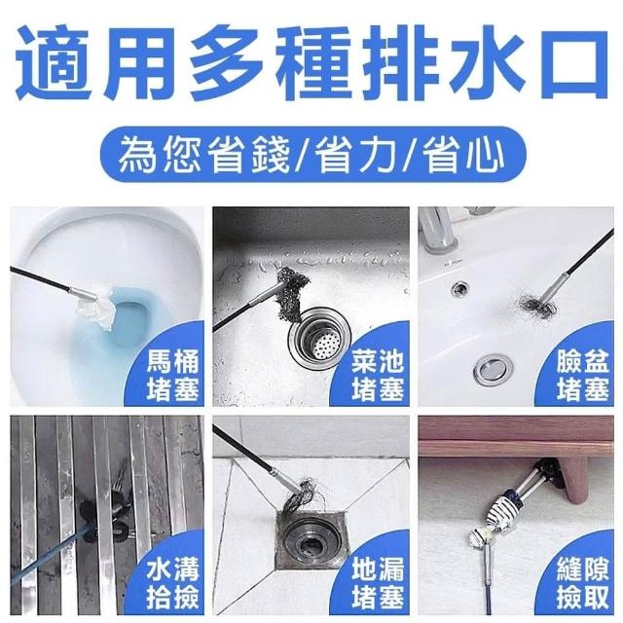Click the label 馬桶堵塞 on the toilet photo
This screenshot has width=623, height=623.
172,375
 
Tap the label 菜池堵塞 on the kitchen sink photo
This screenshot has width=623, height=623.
378,375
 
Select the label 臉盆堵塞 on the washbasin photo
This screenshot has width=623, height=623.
582,375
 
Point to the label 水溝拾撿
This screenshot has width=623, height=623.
172,584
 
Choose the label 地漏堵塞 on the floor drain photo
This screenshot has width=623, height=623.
378,584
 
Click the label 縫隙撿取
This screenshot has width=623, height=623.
582,584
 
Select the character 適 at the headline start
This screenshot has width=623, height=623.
54,62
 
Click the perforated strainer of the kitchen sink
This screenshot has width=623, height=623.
322,343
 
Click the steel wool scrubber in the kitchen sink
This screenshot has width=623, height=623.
292,289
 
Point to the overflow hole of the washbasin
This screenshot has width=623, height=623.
459,286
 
